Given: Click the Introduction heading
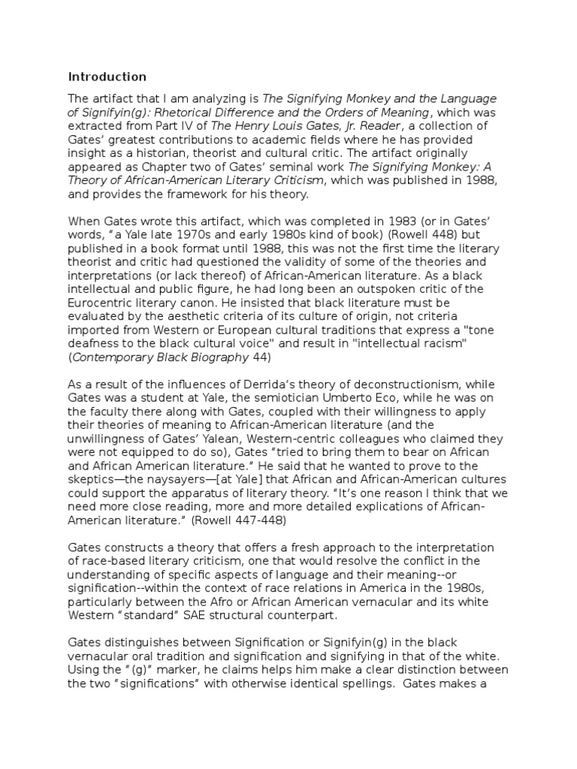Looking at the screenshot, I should click(x=107, y=77).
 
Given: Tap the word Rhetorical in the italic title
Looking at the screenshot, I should click(x=186, y=113).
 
